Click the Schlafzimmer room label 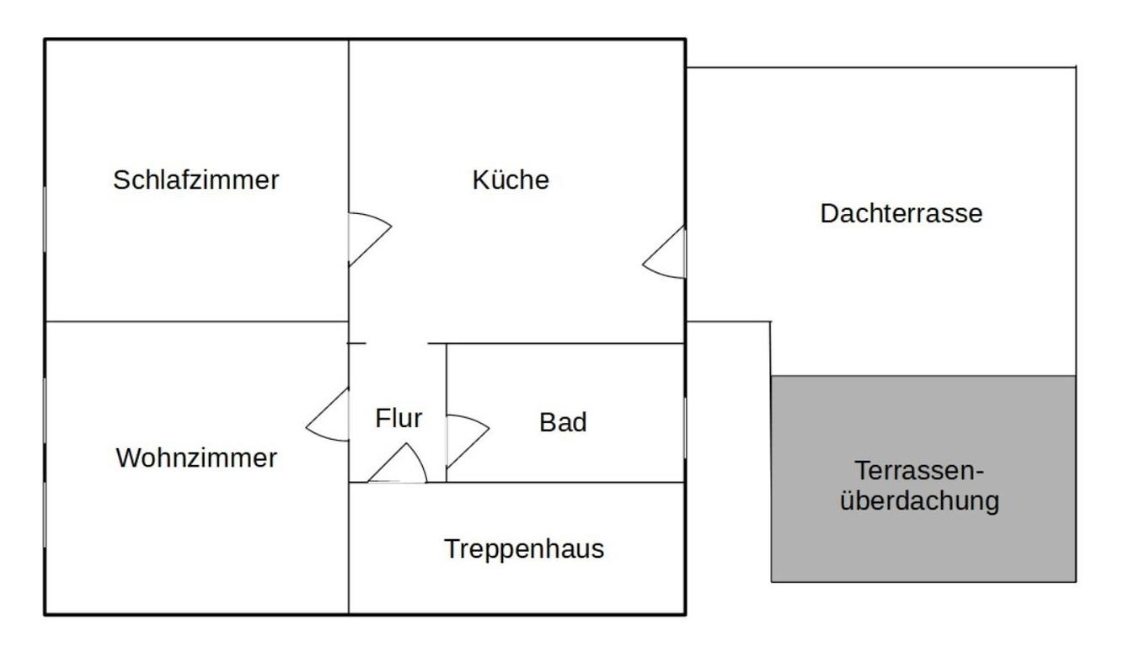(195, 180)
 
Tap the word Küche (511, 180)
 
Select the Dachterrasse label (901, 213)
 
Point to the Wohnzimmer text (196, 458)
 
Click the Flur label (399, 419)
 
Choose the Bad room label (563, 423)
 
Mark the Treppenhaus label (524, 549)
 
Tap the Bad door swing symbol (465, 438)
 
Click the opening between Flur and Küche (397, 344)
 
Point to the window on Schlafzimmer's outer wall (45, 219)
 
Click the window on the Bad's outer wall (684, 428)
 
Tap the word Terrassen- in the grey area (919, 470)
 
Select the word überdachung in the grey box (920, 501)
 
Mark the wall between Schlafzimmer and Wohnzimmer (196, 321)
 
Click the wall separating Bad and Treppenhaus (564, 482)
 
